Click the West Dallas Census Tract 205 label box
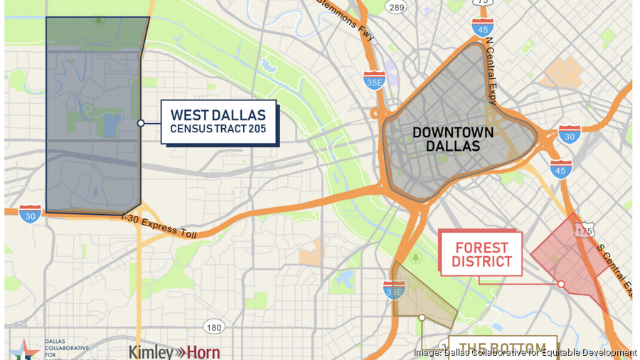218,122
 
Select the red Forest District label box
482,254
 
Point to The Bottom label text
501,348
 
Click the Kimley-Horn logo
174,351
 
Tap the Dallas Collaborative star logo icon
24,349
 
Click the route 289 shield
396,7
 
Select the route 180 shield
213,327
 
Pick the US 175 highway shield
585,231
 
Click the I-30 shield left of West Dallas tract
30,213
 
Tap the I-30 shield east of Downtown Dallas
569,134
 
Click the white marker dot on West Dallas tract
141,123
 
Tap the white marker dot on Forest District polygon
561,284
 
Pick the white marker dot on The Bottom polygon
422,317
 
